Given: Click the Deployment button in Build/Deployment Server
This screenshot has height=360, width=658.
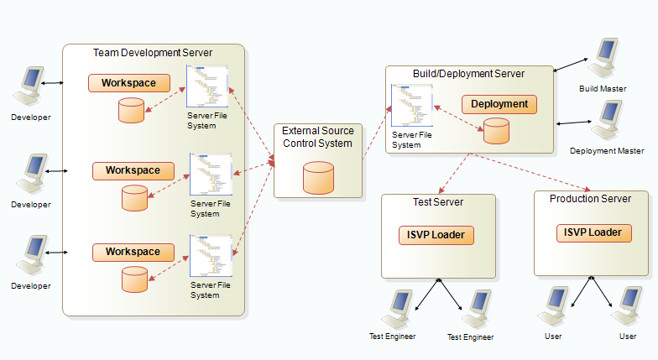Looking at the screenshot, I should pos(499,104).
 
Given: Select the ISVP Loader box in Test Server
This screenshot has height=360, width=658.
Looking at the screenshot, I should pos(436,234).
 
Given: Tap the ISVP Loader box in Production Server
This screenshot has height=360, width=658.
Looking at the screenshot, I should pos(593,232).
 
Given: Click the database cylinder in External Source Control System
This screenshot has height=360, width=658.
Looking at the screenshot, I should pos(318,177).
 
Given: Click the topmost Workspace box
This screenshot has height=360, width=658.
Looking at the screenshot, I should pos(129,83).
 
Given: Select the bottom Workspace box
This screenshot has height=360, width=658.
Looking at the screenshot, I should pos(133,252).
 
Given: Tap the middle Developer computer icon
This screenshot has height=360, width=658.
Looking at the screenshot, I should pos(33,175).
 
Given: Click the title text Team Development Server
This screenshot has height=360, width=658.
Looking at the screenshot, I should pos(153,53).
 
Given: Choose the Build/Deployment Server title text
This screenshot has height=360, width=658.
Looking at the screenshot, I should pos(468,74).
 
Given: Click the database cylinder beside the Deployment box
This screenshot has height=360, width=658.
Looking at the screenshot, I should pos(496,131).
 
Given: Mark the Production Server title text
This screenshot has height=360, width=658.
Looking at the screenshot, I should pos(590,199).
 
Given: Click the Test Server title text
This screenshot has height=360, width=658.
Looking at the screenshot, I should pos(437,202).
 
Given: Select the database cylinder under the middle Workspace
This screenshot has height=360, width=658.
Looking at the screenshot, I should pos(134,198).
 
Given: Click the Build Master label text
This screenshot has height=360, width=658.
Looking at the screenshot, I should pos(603,89).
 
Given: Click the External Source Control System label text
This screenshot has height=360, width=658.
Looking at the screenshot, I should pos(318,137).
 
